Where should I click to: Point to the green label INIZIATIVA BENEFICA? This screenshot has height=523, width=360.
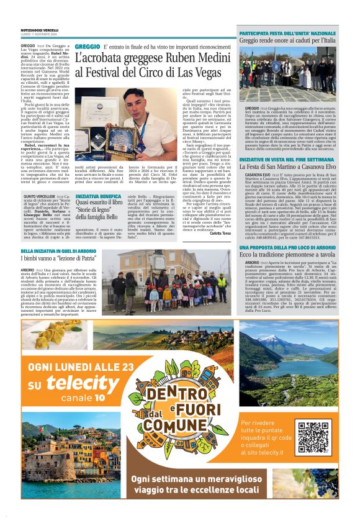coord(98,195)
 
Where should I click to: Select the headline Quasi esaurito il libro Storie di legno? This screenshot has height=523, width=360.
coord(100,209)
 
